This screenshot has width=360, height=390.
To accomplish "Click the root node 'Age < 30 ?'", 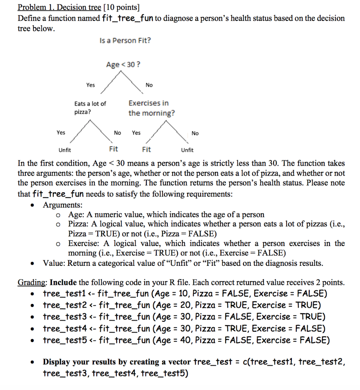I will tap(123, 65).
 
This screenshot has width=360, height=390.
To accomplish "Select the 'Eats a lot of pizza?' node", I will tap(90, 108).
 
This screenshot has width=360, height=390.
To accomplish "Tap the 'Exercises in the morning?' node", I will tap(151, 108).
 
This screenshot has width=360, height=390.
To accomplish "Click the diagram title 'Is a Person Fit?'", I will tap(125, 40).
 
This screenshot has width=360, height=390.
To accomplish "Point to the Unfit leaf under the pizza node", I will tap(64, 150).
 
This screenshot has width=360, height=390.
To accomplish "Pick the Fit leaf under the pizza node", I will tap(113, 149).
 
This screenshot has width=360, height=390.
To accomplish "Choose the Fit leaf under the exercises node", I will tap(147, 150).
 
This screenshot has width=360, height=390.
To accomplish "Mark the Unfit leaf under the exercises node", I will tap(187, 150).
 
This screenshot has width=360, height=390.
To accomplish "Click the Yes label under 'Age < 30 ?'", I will tap(91, 85).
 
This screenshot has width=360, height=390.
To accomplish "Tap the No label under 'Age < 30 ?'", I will tap(149, 85).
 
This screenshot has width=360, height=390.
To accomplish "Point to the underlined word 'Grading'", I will tap(32, 283).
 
